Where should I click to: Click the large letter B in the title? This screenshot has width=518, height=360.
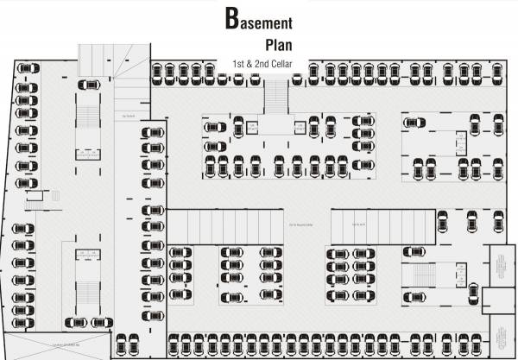[232, 19]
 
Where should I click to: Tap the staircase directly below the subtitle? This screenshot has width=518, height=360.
[275, 95]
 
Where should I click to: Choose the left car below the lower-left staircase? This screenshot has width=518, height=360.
[77, 320]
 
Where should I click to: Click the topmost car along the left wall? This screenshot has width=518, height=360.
[25, 88]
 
